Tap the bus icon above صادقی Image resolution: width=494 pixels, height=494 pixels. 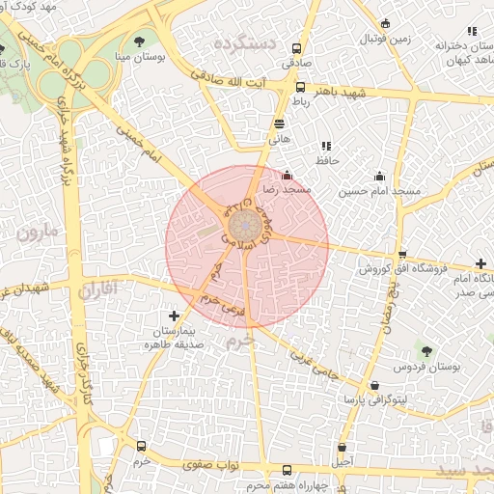coord(297,47)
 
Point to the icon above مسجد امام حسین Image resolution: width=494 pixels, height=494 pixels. coord(379,176)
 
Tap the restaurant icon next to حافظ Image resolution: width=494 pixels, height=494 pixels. coord(325,146)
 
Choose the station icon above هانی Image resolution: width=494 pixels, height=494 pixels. coord(280,123)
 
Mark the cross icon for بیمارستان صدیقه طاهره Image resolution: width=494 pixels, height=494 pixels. coord(174,316)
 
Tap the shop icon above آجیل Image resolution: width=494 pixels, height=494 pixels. coord(343,448)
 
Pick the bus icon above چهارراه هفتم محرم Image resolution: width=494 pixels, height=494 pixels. coord(286,470)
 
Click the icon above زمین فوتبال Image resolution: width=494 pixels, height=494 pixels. coord(386,24)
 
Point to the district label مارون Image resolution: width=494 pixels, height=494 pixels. coord(37,232)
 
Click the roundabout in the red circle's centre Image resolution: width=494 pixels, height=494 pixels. coord(243,225)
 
